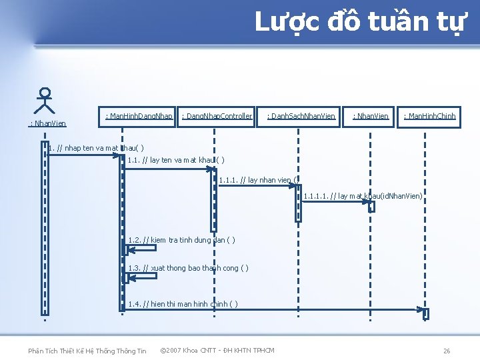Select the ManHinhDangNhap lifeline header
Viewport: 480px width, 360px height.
[139, 117]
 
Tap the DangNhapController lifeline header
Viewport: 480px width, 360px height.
[217, 117]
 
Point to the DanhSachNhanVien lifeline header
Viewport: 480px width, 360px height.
[301, 117]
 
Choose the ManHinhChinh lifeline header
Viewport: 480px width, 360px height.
[429, 117]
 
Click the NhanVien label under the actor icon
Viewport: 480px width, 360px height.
[47, 123]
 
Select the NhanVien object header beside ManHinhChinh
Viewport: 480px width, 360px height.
[370, 117]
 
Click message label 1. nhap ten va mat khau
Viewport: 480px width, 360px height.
[96, 147]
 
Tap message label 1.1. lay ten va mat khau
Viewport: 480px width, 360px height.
[175, 160]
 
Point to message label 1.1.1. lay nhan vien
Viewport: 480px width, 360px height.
[253, 179]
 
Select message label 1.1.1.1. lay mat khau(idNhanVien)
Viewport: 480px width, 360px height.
[363, 196]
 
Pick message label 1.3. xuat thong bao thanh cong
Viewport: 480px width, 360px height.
[188, 268]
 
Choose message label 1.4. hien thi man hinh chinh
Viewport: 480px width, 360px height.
[183, 304]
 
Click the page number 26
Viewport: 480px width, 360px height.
[447, 351]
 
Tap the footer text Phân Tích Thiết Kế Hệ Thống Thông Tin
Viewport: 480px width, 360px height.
[87, 351]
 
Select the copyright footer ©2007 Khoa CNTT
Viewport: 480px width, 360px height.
[217, 350]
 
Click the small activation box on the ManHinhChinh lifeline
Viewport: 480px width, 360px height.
[426, 313]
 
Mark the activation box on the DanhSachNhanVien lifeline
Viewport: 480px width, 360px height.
[299, 202]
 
